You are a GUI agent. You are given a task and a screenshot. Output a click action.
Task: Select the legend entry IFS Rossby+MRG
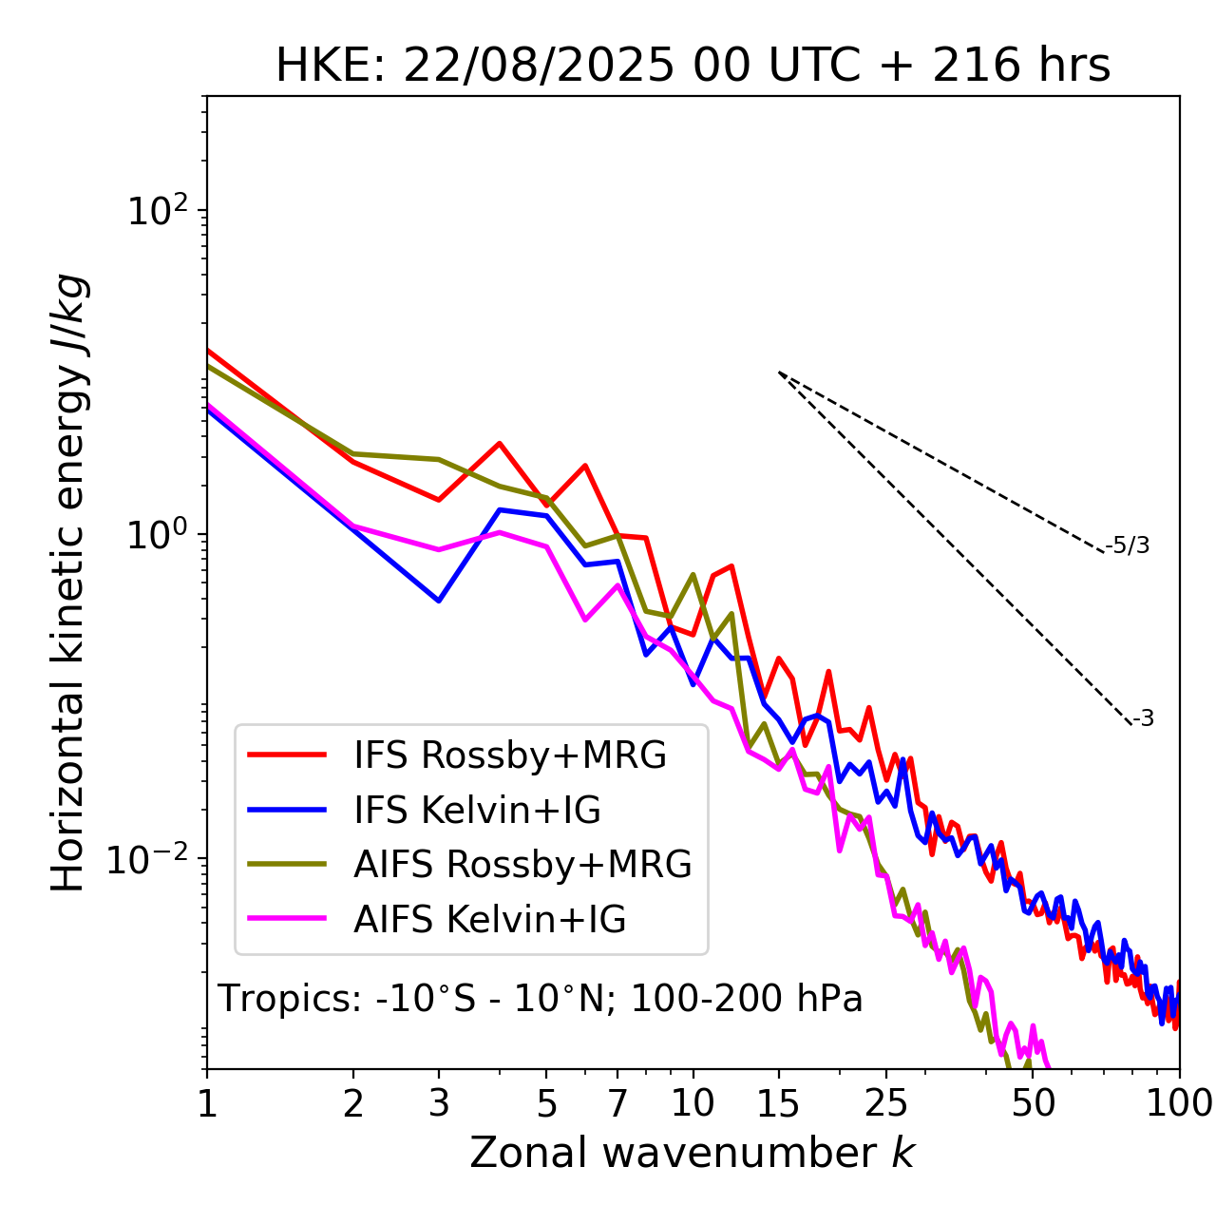tap(509, 755)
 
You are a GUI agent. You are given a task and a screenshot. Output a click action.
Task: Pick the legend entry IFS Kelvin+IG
tap(477, 810)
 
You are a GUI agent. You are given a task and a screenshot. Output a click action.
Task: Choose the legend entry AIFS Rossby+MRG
tap(522, 865)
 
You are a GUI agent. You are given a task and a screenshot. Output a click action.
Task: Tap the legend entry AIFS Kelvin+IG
tap(489, 920)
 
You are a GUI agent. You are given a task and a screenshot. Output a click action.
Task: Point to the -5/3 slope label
tap(1128, 545)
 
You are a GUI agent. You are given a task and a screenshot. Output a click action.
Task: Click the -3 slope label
tap(1143, 719)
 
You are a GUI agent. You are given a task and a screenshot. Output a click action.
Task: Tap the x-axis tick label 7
tap(617, 1103)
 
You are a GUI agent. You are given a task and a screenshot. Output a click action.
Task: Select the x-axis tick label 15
tap(778, 1103)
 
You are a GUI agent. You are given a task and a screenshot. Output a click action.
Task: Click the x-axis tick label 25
tap(886, 1103)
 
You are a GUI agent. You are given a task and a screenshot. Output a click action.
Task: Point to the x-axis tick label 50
tap(1033, 1103)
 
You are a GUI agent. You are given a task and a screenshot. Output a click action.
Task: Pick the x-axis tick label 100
tap(1178, 1103)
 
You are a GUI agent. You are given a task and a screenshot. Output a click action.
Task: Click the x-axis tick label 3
tap(438, 1103)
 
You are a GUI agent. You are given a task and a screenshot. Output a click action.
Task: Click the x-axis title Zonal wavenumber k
tap(693, 1153)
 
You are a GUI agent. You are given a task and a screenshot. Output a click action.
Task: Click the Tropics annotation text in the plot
tap(541, 999)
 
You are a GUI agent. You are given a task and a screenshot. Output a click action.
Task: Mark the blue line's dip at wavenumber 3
tap(438, 601)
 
